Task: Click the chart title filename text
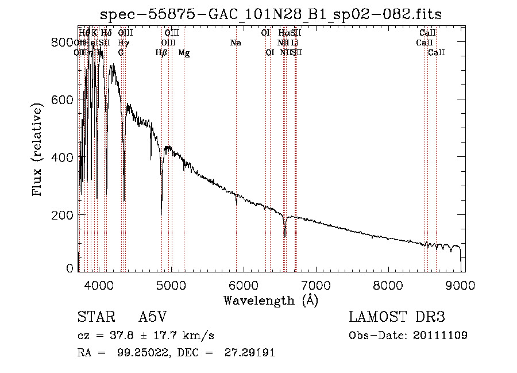click(271, 14)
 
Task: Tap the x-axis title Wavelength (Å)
click(271, 300)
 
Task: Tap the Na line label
click(236, 43)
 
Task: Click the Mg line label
click(184, 53)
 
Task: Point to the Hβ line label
click(161, 53)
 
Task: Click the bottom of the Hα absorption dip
click(285, 236)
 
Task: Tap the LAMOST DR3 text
click(396, 318)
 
